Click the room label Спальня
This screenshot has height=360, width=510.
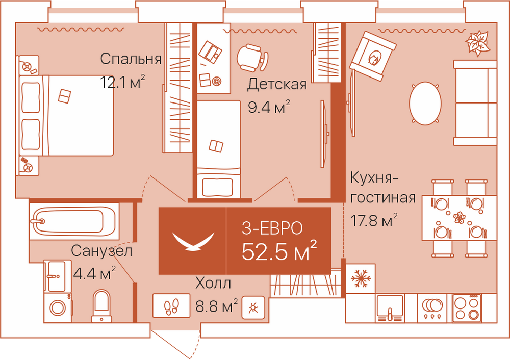tap(131, 59)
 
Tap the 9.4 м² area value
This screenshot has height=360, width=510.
tap(269, 107)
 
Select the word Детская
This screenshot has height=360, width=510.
tap(277, 84)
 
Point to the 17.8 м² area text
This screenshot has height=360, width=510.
tap(374, 220)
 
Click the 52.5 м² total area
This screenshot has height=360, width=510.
tap(279, 251)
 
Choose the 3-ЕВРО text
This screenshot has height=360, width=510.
tap(272, 228)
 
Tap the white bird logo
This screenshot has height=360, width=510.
tap(193, 241)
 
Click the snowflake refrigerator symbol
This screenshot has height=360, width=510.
tap(361, 278)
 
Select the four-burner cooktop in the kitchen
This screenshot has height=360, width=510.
tap(467, 307)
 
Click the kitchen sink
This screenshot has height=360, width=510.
tap(390, 308)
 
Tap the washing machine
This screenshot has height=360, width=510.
tap(58, 307)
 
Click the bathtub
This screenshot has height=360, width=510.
tap(74, 221)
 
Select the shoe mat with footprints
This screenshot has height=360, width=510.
tap(171, 305)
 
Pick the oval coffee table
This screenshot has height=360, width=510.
tap(425, 103)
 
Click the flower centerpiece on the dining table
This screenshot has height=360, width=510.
tap(460, 217)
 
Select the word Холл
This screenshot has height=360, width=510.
tap(213, 283)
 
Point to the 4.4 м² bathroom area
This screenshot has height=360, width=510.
tap(94, 273)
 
